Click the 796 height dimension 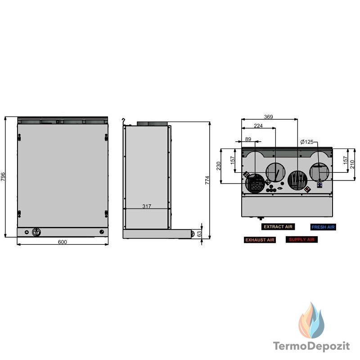click(3, 176)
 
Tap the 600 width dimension click(62, 242)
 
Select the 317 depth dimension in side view click(147, 206)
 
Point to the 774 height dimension click(207, 180)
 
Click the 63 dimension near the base click(199, 234)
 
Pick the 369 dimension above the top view click(268, 117)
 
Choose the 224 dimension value click(258, 126)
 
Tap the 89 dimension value click(248, 139)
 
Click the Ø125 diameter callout click(307, 142)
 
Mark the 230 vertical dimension click(218, 166)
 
